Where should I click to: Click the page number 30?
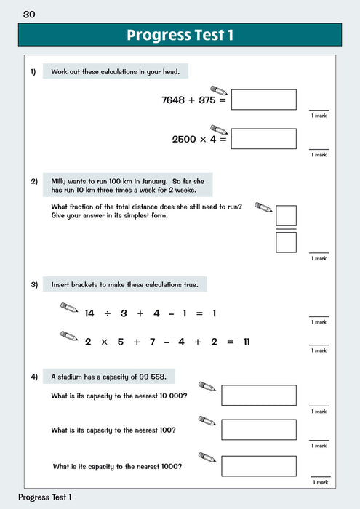(x=29, y=14)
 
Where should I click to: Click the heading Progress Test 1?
(x=180, y=36)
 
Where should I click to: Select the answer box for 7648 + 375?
(x=263, y=100)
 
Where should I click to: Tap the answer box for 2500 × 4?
(x=263, y=138)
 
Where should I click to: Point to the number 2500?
(x=184, y=139)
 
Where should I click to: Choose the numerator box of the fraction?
(x=286, y=216)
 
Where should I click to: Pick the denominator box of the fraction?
(x=286, y=241)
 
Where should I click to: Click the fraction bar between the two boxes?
(x=286, y=229)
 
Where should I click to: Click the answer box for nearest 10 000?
(x=258, y=395)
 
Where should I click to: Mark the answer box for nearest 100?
(x=258, y=430)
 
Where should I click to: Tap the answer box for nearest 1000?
(x=258, y=465)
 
